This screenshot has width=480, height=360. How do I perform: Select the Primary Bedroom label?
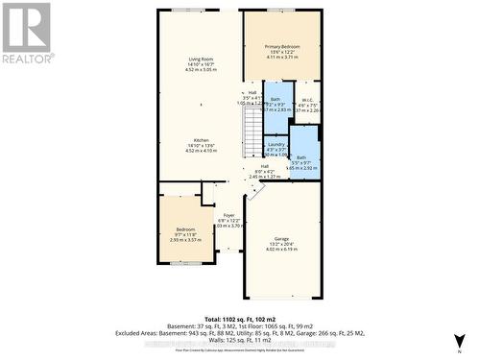coord(282,46)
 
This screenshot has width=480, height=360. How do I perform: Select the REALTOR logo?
coord(26,34)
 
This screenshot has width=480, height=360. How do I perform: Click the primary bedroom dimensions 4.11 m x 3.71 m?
coord(282,57)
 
